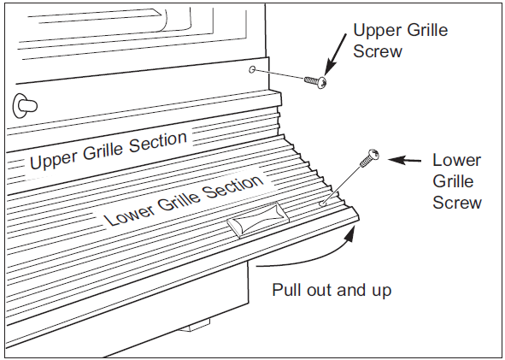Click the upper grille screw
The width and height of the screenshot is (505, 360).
[315, 81]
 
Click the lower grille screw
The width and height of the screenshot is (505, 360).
[369, 158]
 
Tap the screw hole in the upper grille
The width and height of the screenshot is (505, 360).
[252, 69]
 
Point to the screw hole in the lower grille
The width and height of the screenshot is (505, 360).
[322, 204]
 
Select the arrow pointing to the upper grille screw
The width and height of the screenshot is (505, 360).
[335, 55]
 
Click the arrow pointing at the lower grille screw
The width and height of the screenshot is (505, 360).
[404, 160]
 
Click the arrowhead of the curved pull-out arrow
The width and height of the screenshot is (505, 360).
[349, 233]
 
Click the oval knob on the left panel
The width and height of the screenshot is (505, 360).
[25, 106]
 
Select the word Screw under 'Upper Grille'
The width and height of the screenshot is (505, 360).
[378, 51]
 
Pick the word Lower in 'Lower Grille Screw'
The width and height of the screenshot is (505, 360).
[456, 160]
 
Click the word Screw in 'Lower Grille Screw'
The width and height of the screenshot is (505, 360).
[457, 203]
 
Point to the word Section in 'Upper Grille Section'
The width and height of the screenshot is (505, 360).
[158, 142]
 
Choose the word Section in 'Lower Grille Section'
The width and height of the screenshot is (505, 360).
[234, 188]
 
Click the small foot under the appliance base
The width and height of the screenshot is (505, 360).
[195, 325]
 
